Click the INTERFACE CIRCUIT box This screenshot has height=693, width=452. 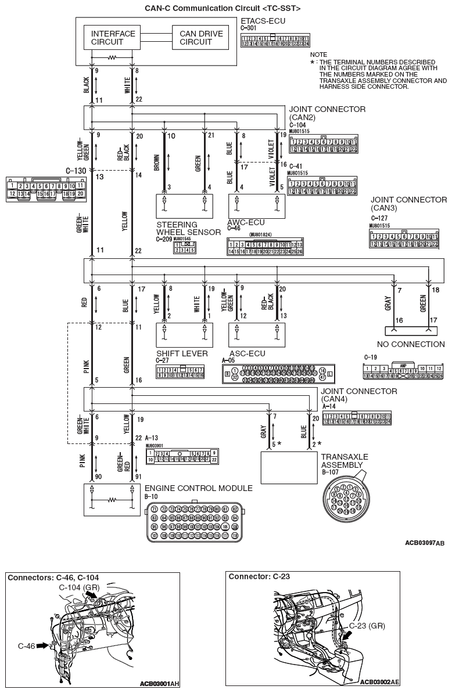(113, 38)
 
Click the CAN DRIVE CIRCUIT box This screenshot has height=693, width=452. (200, 38)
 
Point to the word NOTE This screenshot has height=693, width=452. (319, 54)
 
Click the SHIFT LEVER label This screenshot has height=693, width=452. (178, 353)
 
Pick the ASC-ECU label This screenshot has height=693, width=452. (246, 353)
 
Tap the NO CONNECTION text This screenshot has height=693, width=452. (410, 344)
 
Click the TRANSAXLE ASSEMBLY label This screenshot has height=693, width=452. (344, 461)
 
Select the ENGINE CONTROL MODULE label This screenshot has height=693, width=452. (198, 488)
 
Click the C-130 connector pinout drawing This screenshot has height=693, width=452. (45, 190)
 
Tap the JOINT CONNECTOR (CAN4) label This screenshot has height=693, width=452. (358, 395)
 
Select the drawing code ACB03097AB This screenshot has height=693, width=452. (424, 543)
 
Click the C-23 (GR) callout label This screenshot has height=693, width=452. (367, 626)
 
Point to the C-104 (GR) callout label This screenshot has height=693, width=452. (80, 588)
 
